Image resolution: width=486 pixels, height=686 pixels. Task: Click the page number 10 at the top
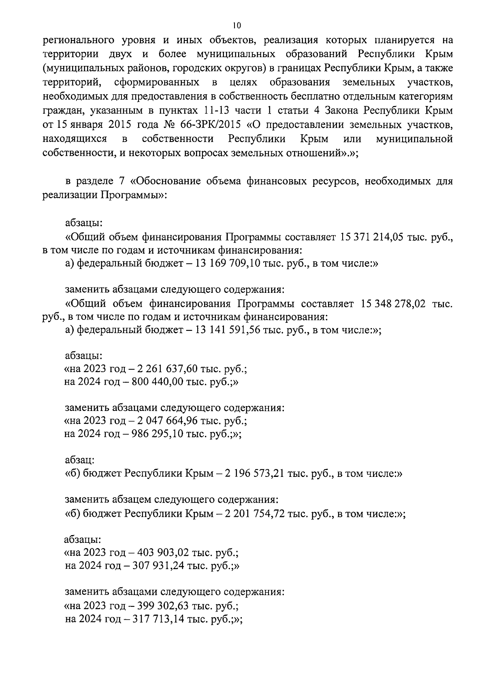tap(237, 25)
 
